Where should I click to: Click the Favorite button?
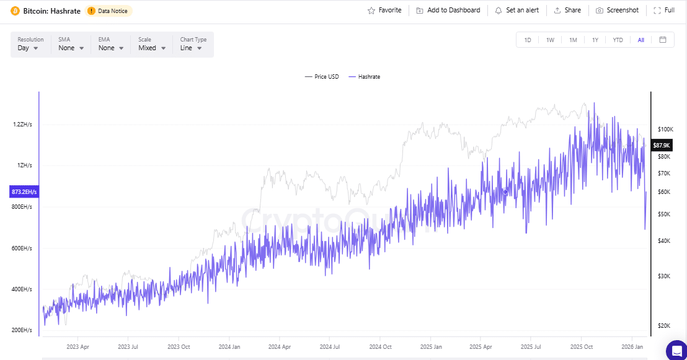[384, 11]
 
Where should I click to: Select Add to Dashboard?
[448, 11]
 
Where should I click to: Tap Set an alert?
[516, 11]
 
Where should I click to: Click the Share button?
[567, 11]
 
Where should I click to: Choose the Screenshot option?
[617, 11]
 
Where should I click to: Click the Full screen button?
[664, 11]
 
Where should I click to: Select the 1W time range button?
[550, 40]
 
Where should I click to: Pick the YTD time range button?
[618, 40]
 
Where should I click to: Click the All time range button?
[640, 40]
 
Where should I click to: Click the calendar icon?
[663, 40]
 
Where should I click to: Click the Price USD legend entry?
[322, 77]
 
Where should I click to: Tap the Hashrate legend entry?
[365, 77]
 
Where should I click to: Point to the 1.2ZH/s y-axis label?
[22, 125]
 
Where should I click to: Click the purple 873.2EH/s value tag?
[24, 192]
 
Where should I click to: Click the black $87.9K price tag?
[662, 145]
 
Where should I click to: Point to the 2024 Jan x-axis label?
[229, 347]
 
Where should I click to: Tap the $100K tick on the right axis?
[666, 130]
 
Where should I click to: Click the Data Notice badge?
[109, 11]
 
